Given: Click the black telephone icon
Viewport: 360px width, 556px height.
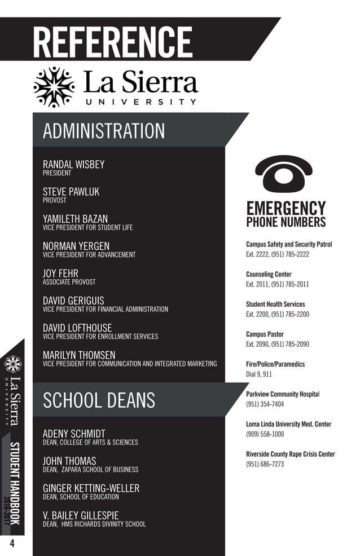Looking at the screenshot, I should point(283,173).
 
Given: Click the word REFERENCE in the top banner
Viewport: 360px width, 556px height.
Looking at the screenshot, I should point(112,42).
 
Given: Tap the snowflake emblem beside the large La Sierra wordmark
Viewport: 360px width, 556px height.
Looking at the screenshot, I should point(54,87).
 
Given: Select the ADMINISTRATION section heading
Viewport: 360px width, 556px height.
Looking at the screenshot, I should point(104,131).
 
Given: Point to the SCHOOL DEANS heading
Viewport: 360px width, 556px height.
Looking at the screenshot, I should point(99,400).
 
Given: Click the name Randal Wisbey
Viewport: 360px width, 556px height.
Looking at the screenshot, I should point(73,164).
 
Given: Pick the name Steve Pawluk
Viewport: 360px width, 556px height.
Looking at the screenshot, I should point(71,192).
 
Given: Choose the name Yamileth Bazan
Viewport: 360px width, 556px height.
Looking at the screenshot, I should point(75,219).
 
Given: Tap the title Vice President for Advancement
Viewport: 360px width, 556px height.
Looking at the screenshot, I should point(89,255).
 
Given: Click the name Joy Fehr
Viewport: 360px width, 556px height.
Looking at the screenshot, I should point(60,273).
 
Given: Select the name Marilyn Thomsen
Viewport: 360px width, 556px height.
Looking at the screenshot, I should point(79,355).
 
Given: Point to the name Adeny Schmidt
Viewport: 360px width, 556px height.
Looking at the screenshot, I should point(74,434).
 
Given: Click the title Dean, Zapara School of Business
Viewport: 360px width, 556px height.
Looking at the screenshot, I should point(90,470).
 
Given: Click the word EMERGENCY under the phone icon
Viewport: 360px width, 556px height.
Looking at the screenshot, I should point(286,208).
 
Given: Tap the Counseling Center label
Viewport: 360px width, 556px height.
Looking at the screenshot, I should point(269,275).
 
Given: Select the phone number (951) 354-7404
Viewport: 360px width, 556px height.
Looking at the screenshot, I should point(265,404).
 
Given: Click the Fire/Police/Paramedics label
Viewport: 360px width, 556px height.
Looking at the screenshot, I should point(275,364).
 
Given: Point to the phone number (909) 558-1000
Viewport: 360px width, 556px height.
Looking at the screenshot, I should point(265,434).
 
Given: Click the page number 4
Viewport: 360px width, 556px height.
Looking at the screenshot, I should point(11,544).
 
